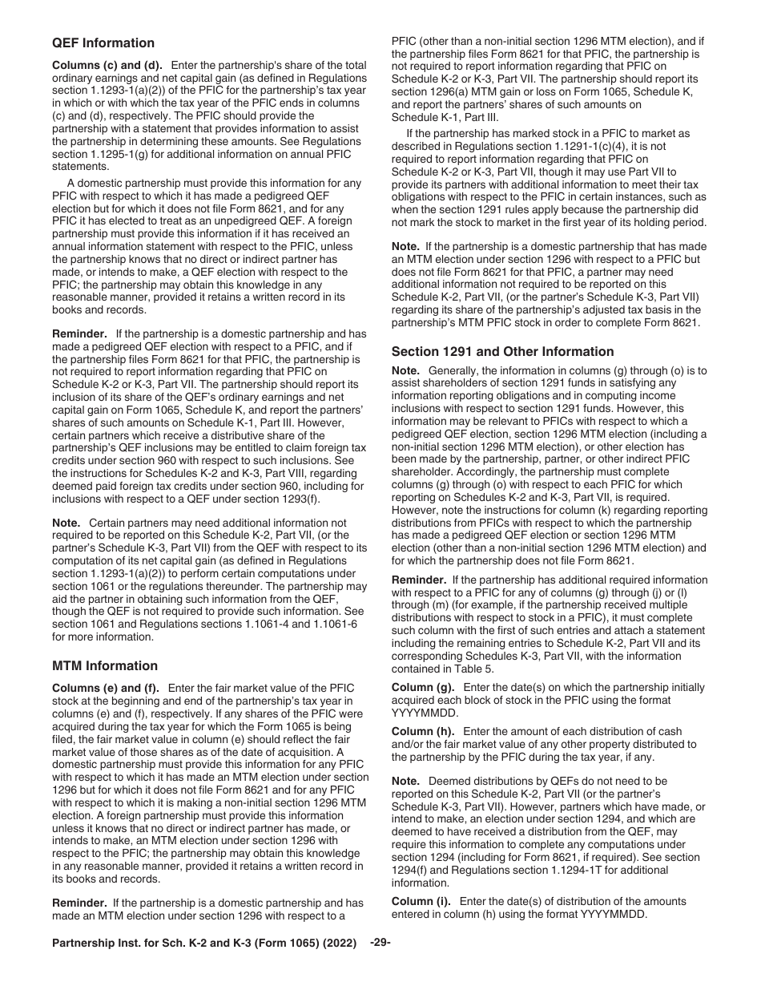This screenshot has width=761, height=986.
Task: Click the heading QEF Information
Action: (103, 43)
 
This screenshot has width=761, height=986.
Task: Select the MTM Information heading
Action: (105, 665)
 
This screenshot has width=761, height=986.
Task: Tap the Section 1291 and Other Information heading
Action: (502, 351)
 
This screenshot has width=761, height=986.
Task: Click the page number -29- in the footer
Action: (380, 943)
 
